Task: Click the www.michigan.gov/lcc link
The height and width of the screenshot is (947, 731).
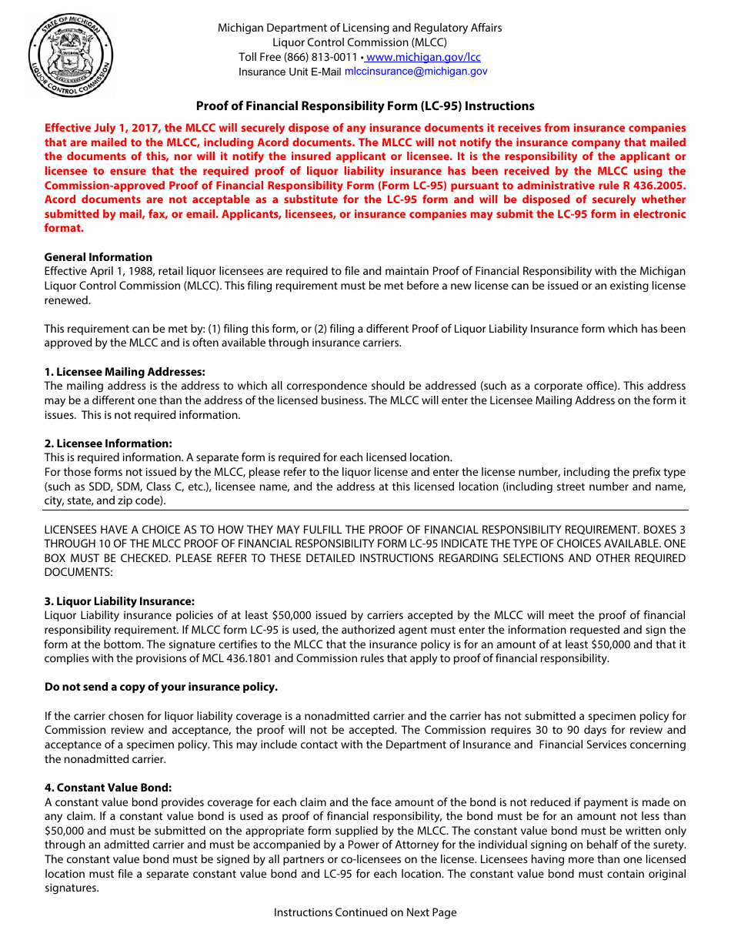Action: tap(423, 57)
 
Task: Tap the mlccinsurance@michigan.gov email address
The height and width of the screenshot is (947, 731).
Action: tap(416, 71)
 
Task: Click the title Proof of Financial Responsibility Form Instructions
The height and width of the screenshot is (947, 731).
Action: tap(365, 106)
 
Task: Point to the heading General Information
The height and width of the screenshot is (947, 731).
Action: tap(98, 257)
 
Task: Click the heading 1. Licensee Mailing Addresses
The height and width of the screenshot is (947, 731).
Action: tap(125, 372)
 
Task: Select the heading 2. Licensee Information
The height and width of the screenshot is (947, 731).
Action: tap(108, 443)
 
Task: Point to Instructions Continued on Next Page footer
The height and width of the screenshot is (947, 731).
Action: tap(365, 912)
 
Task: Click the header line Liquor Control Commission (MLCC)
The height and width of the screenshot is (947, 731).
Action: tap(359, 42)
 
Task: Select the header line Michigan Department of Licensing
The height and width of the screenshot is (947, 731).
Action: tap(359, 28)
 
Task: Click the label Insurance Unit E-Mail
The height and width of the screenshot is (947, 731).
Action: tap(289, 72)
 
